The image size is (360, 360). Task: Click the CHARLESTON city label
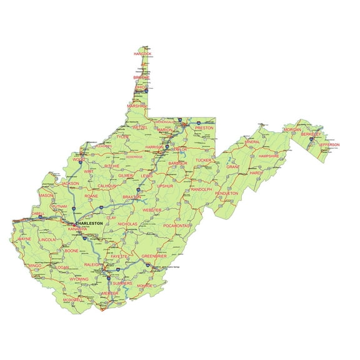pos(90,223)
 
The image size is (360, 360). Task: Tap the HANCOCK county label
pos(142,54)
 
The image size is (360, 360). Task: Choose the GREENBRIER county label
pos(154,256)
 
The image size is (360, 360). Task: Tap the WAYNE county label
pos(24,239)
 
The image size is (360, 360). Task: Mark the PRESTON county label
pos(204,127)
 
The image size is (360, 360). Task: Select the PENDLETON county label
pos(227,194)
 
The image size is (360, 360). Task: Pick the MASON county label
pos(46,196)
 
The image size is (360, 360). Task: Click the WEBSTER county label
pos(152,210)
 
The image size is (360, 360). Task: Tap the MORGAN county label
pos(292,129)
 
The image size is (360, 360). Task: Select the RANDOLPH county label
pos(201,189)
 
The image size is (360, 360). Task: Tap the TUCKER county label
pos(204,161)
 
